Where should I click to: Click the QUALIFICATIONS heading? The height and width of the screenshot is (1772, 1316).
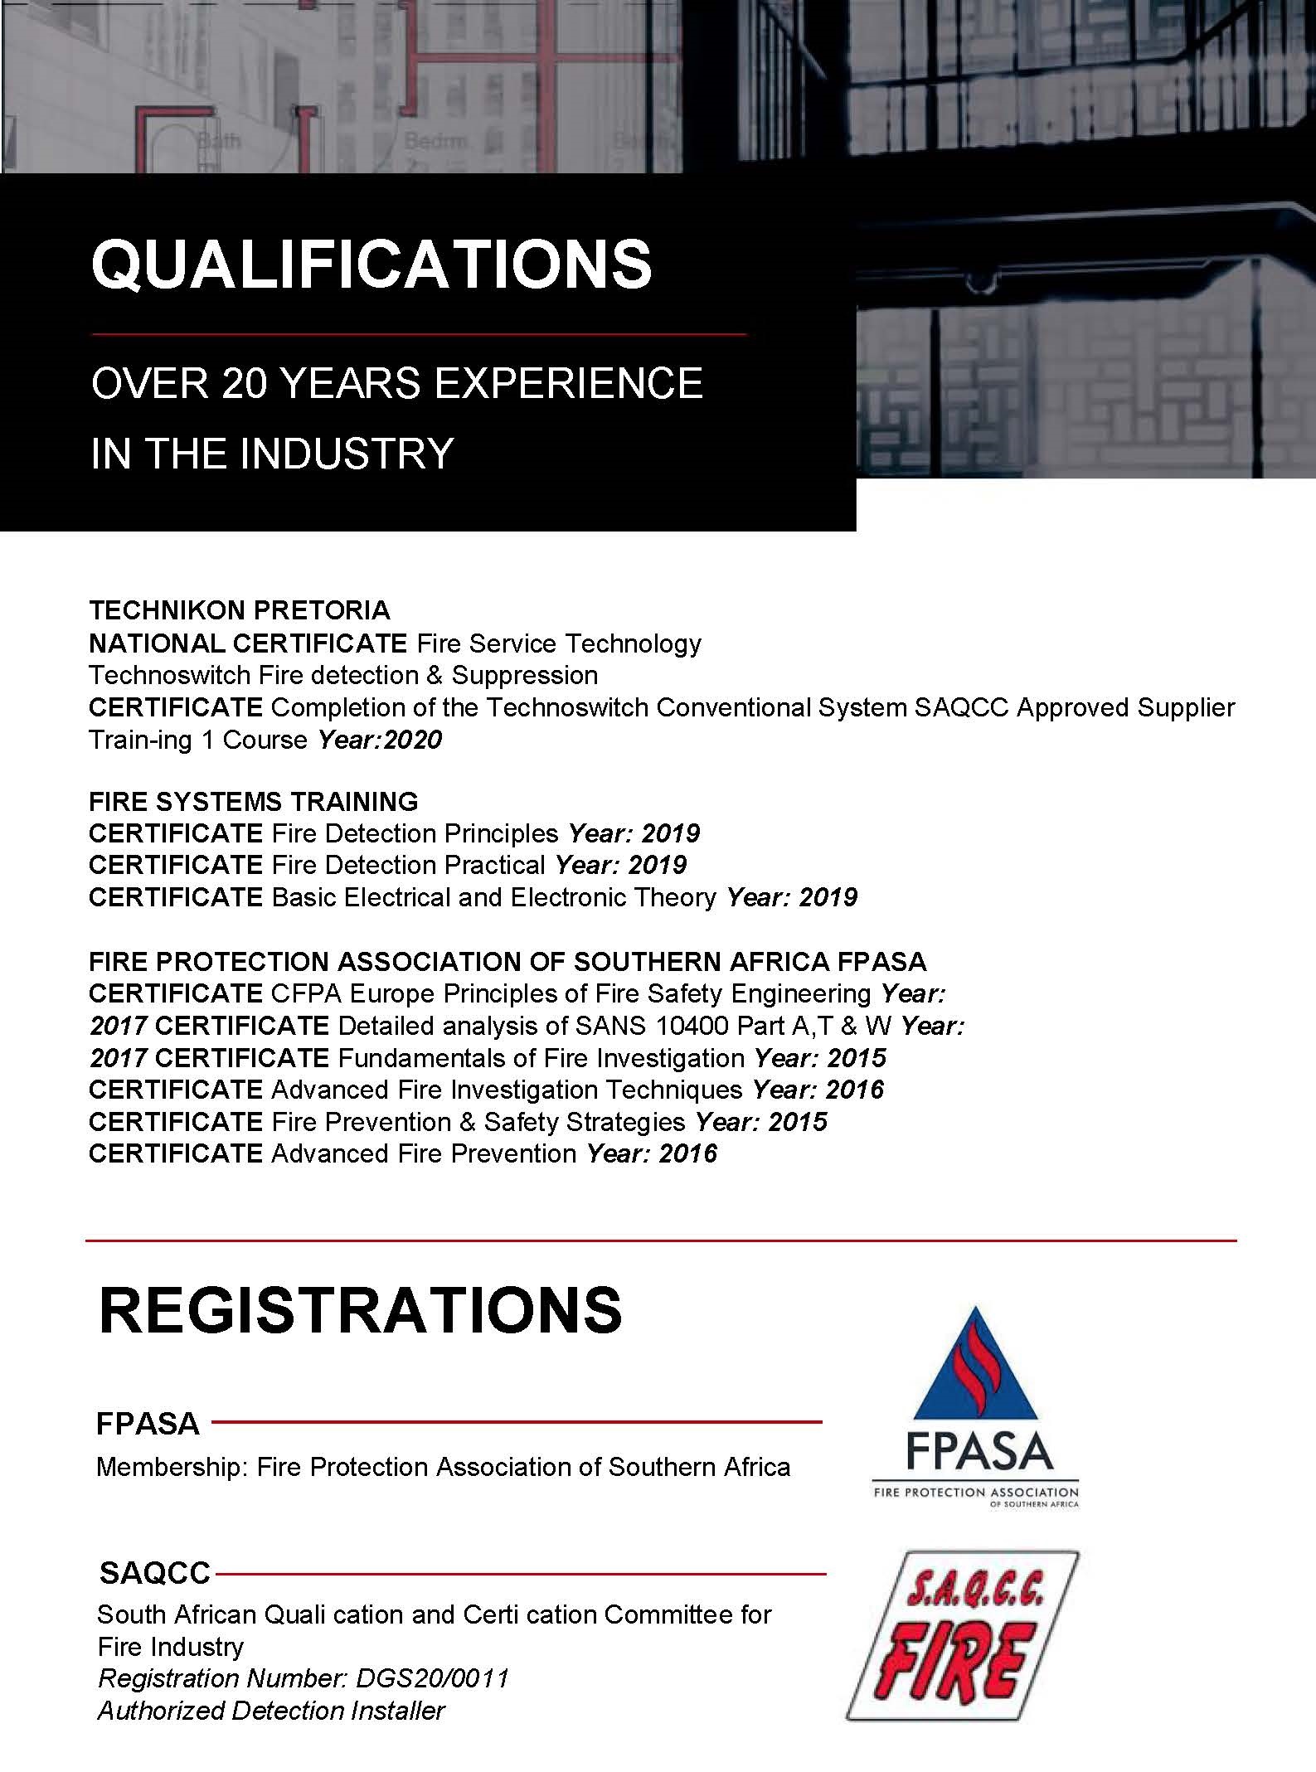point(371,265)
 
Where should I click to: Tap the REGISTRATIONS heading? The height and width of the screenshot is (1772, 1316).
point(360,1311)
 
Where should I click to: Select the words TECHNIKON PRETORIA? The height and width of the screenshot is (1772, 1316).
point(239,610)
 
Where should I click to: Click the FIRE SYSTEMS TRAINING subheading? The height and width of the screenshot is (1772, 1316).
point(253,801)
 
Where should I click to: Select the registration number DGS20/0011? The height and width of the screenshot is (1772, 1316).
point(431,1679)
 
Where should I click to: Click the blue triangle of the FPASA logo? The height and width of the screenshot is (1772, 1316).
point(975,1370)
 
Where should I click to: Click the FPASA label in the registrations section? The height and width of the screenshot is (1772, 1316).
point(148,1425)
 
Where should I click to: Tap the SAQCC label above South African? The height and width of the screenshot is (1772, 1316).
point(155,1572)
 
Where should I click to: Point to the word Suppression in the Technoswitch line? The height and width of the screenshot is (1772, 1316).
point(524,675)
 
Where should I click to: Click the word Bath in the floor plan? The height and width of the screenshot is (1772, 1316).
point(219,141)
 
